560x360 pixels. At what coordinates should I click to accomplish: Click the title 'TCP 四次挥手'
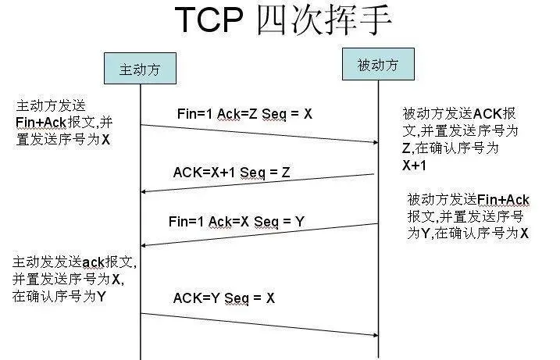click(282, 21)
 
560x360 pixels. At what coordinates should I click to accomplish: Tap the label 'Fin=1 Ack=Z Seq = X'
click(244, 114)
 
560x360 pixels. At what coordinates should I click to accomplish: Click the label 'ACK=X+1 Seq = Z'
click(231, 173)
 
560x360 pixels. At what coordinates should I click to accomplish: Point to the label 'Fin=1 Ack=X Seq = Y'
click(236, 222)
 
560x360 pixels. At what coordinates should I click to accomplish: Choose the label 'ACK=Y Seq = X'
click(223, 298)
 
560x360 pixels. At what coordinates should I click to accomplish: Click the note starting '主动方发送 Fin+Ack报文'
click(63, 123)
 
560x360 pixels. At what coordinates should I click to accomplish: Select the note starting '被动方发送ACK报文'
click(460, 139)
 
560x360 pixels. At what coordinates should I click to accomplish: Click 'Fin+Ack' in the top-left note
click(40, 123)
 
